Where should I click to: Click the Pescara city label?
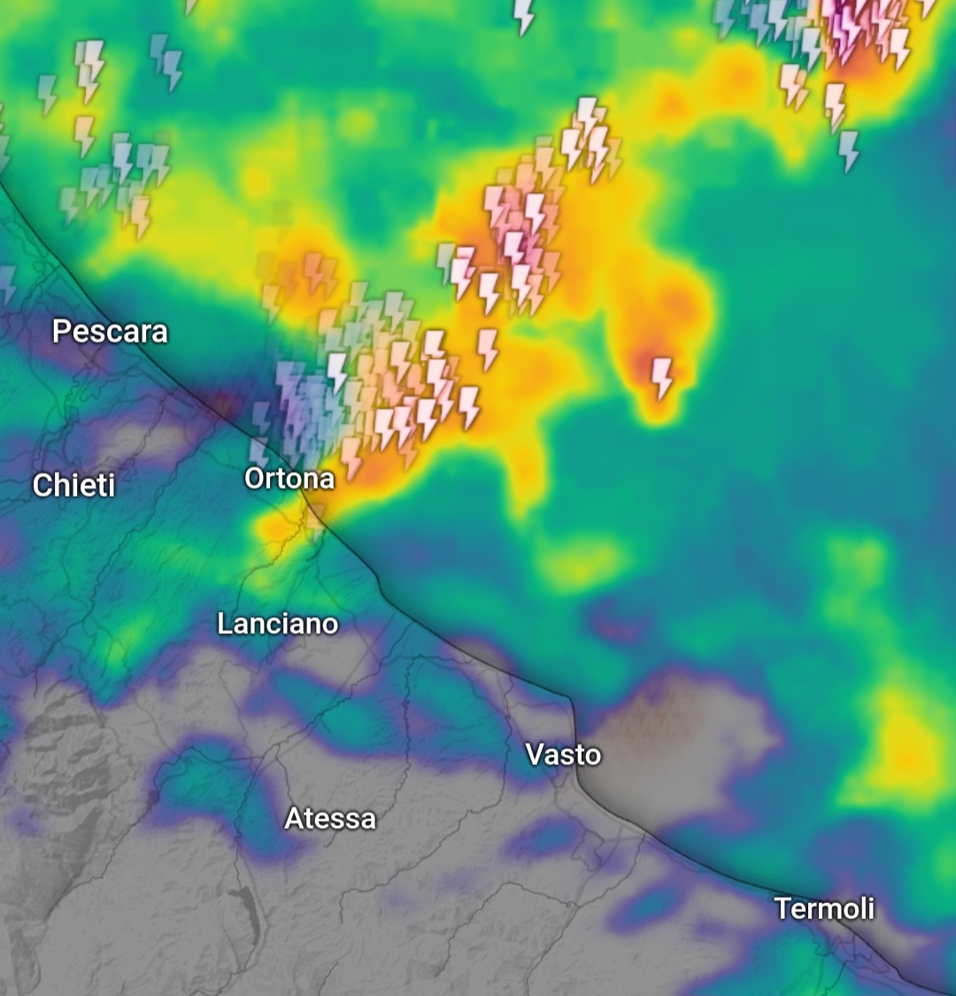point(110,331)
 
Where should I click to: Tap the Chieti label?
point(74,485)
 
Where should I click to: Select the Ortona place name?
point(289,479)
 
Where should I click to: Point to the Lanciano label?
point(278,623)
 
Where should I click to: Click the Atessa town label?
point(330,818)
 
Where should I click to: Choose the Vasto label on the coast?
point(564,754)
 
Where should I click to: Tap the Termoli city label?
point(824,908)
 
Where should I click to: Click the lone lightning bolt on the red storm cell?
point(661,376)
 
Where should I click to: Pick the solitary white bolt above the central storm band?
point(524,15)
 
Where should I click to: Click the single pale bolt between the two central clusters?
point(488,348)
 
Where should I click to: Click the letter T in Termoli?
point(783,908)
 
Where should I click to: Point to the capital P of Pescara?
point(60,331)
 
